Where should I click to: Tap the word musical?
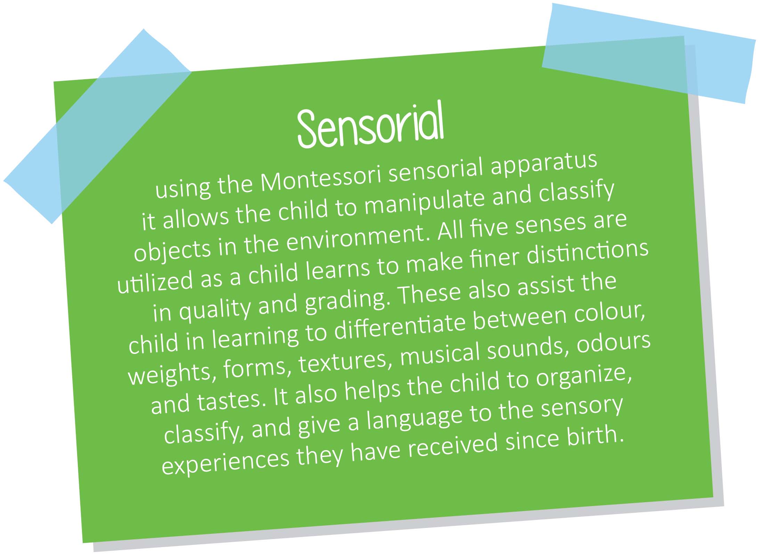[439, 356]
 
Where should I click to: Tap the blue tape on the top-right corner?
[648, 53]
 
